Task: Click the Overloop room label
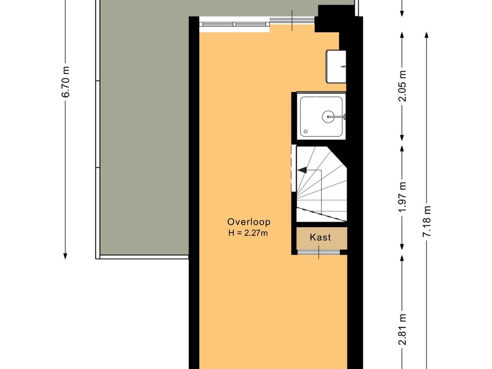[248, 222]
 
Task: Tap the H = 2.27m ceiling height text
[248, 233]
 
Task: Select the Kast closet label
[320, 237]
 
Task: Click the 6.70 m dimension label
[65, 82]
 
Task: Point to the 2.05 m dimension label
[402, 86]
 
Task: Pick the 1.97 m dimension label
[402, 197]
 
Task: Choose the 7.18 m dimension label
[427, 221]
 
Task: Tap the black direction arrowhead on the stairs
[303, 170]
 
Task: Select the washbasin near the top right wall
[336, 66]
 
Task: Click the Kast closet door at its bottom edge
[319, 252]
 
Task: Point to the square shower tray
[321, 117]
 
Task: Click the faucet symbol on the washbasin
[344, 66]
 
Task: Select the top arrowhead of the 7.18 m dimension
[427, 35]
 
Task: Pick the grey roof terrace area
[144, 125]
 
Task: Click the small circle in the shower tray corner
[306, 132]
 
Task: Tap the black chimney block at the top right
[328, 19]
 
